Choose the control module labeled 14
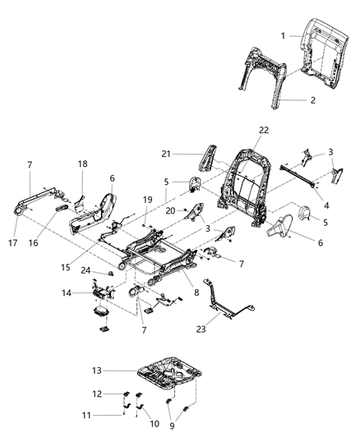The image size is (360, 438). pyautogui.click(x=102, y=292)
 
